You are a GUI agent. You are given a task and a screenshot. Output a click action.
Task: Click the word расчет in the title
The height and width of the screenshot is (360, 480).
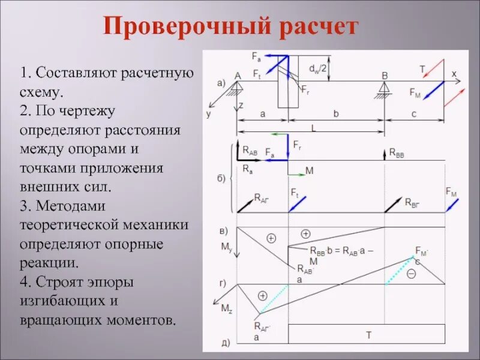tap(316, 27)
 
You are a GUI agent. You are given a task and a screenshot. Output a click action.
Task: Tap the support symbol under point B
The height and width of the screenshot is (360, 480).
tap(384, 88)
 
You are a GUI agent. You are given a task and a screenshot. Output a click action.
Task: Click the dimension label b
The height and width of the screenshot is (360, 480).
tap(336, 112)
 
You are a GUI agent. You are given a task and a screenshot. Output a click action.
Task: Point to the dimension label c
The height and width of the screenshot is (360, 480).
tap(414, 112)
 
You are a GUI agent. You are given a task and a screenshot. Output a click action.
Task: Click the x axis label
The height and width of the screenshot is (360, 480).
tap(454, 74)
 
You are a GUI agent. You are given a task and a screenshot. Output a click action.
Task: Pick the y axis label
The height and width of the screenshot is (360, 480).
tap(209, 113)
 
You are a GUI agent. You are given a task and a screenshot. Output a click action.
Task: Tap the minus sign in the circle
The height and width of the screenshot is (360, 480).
tap(412, 274)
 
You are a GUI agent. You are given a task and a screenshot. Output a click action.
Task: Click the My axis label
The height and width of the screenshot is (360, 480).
tap(226, 247)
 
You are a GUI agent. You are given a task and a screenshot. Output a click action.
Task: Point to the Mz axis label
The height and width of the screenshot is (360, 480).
tap(226, 308)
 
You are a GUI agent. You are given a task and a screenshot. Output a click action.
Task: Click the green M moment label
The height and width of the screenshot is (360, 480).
tap(310, 171)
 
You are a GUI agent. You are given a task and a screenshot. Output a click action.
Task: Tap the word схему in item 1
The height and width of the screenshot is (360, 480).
tap(40, 92)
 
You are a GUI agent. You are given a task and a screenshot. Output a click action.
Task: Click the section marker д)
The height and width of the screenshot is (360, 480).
tap(226, 343)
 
